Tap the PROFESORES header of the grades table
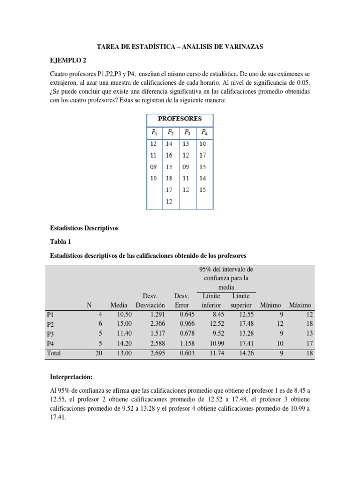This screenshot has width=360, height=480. tap(180, 119)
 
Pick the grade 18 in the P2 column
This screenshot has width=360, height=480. tap(169, 179)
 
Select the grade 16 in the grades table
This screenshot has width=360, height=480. tap(169, 155)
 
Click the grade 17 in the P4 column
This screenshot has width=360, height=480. tap(203, 155)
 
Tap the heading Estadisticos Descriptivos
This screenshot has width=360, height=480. tap(84, 228)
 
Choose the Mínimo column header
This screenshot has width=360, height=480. tap(270, 305)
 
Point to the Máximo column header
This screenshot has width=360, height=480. tap(300, 305)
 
